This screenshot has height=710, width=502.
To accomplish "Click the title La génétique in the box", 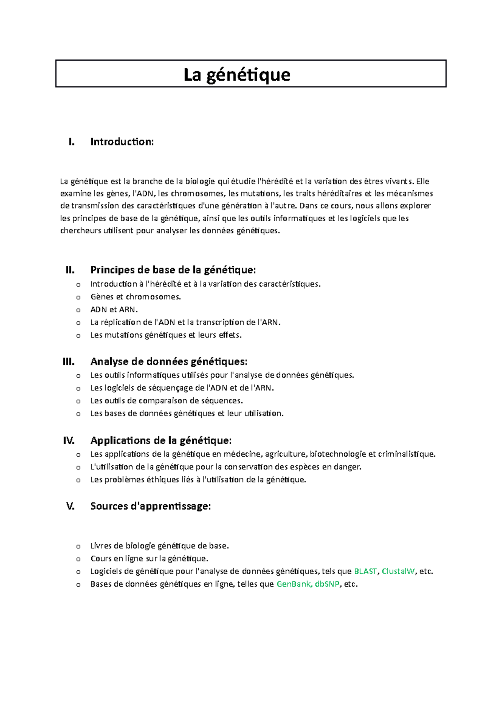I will click(237, 74).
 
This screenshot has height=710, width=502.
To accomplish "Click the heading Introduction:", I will click(122, 142).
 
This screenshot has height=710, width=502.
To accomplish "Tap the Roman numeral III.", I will click(69, 362).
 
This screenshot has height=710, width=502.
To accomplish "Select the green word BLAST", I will click(365, 571).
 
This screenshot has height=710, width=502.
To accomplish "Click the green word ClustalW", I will click(398, 571).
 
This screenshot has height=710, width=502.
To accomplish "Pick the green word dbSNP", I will click(327, 584).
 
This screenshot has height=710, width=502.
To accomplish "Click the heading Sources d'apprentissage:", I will click(150, 506).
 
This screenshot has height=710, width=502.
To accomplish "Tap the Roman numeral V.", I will click(70, 506).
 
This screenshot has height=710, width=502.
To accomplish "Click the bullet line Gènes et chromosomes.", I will click(136, 297).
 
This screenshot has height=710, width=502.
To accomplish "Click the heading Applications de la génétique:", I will click(161, 441).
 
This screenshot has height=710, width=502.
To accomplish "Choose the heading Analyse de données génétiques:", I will click(169, 362).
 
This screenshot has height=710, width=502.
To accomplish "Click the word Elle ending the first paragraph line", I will click(423, 181).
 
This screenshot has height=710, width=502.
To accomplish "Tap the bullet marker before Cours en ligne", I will click(78, 559).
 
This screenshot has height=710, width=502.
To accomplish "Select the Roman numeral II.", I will click(70, 270).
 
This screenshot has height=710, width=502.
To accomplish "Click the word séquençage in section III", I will click(171, 388).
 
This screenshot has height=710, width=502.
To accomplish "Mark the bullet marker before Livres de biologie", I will click(78, 546).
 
